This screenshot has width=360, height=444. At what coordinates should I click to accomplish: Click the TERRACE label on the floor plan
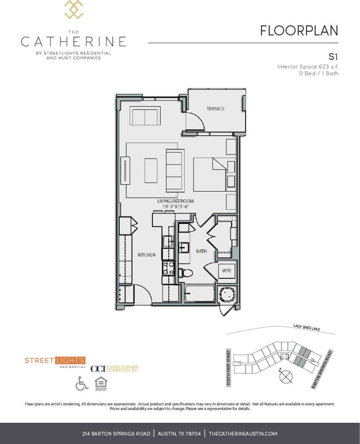[x=215, y=109]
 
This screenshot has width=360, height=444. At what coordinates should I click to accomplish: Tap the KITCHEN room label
[x=147, y=255]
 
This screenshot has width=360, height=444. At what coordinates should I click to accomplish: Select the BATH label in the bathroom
[x=201, y=251]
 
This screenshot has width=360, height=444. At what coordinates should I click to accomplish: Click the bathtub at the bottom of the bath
[x=200, y=293]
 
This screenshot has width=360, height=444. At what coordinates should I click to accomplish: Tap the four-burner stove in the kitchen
[x=168, y=268]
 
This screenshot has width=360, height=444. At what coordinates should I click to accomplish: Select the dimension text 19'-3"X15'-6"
[x=176, y=206]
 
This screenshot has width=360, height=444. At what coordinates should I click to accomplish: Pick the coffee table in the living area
[x=151, y=170]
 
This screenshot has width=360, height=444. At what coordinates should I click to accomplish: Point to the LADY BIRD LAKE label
[x=307, y=327]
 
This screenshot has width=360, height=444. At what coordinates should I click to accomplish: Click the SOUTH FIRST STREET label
[x=229, y=368]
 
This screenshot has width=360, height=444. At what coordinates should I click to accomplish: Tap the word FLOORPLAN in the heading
[x=299, y=31]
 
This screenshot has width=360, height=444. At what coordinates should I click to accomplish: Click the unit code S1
[x=333, y=57]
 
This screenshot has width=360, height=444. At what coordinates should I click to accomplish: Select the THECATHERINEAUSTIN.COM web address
[x=243, y=433]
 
